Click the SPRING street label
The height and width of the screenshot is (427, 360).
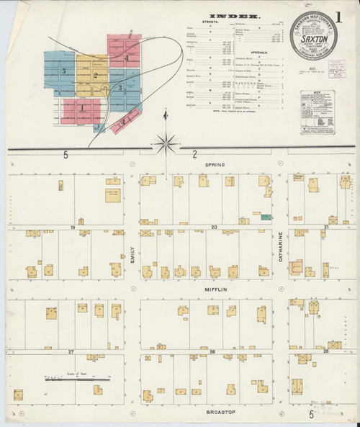pyautogui.click(x=215, y=165)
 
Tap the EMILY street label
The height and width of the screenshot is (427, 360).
pyautogui.click(x=132, y=256)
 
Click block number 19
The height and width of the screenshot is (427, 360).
pyautogui.click(x=72, y=227)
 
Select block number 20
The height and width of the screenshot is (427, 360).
pyautogui.click(x=214, y=227)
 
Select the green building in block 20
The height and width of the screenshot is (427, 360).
pyautogui.click(x=267, y=216)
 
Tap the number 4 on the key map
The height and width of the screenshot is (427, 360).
pyautogui.click(x=127, y=58)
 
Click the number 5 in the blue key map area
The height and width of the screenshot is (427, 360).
pyautogui.click(x=64, y=71)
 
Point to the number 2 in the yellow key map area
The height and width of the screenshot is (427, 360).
pyautogui.click(x=95, y=74)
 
